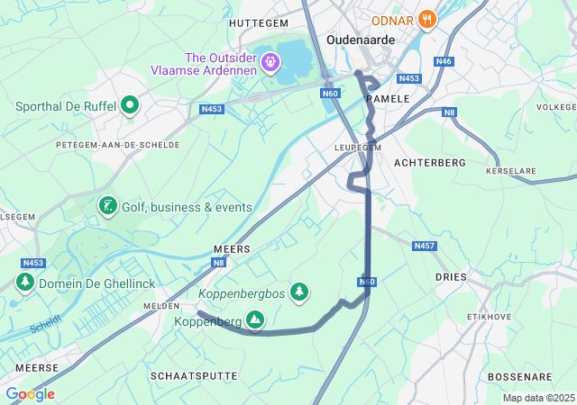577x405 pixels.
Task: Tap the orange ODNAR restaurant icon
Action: pos(427,18)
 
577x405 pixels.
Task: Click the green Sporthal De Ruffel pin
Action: pos(130,106)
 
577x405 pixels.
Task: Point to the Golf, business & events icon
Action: pos(107,207)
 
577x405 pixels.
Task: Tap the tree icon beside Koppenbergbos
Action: pos(299,292)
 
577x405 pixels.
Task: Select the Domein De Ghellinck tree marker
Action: pos(24,283)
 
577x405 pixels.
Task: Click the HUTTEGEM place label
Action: pos(259,22)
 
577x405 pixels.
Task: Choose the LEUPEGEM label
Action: pos(358,147)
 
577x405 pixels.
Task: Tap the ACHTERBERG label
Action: pos(430,162)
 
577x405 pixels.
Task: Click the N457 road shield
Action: pos(423,246)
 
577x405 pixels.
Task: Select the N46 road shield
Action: pos(443,61)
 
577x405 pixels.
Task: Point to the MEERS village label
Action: pos(231,247)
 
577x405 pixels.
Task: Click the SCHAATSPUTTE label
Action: pos(194,375)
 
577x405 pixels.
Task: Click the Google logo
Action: pos(30,394)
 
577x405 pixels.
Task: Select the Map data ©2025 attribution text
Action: pos(537,398)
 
